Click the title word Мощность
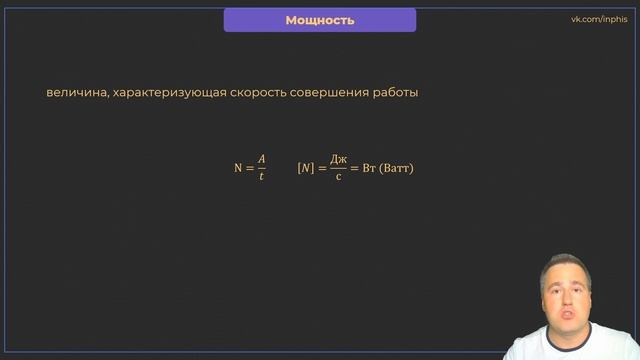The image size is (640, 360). pos(320,20)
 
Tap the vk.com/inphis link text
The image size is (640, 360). pos(597,19)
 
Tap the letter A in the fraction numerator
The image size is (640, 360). pos(261,159)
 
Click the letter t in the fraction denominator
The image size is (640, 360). pos(261,176)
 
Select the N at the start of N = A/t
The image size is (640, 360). pos(238,168)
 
